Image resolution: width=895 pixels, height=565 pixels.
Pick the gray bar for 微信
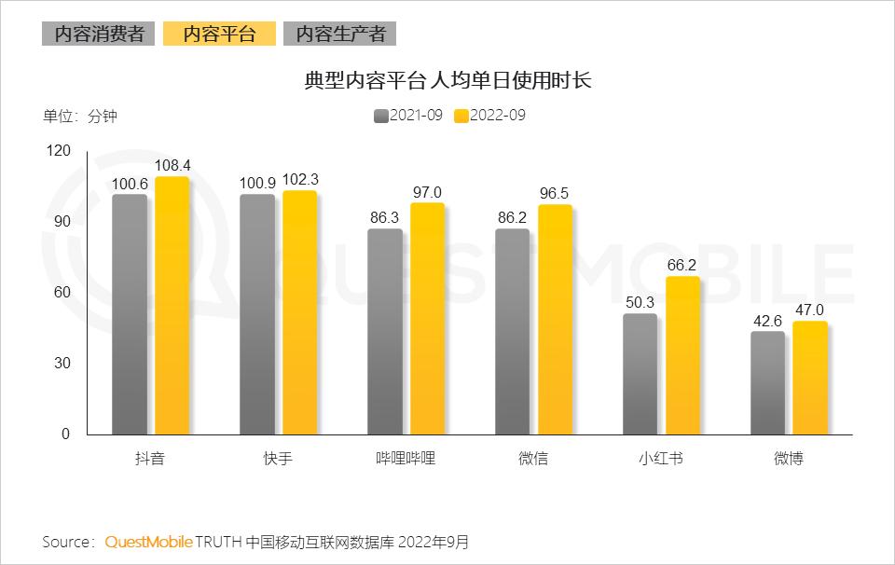tap(512, 331)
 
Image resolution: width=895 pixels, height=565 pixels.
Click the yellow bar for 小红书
tap(682, 355)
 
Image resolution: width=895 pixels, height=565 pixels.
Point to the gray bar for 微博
tap(767, 382)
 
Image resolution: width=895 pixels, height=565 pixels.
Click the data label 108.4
tap(172, 165)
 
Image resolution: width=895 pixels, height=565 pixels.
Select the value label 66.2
tap(682, 265)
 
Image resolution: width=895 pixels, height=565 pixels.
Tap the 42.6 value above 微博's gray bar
tap(766, 320)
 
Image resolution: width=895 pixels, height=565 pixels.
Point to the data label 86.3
tap(385, 217)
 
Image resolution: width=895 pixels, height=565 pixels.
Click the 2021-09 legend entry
tap(407, 116)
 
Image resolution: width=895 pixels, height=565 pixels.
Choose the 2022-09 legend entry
tap(489, 116)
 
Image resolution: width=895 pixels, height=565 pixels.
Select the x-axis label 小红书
tap(661, 459)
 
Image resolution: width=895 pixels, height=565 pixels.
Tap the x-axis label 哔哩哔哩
tap(406, 459)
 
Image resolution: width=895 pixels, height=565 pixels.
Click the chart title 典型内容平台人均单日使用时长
tap(447, 81)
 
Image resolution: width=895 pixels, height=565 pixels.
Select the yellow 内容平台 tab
tap(219, 34)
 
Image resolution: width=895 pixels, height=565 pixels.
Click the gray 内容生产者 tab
tap(340, 34)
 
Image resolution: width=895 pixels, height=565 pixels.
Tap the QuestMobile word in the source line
tap(148, 542)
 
